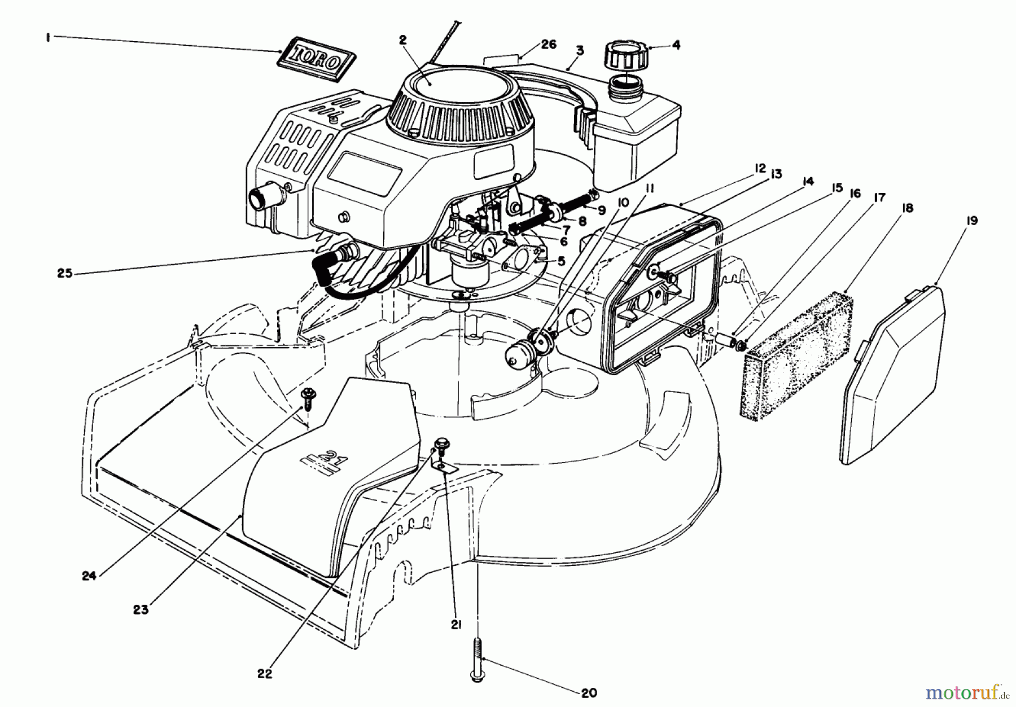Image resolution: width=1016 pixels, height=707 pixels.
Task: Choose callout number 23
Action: [141, 609]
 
